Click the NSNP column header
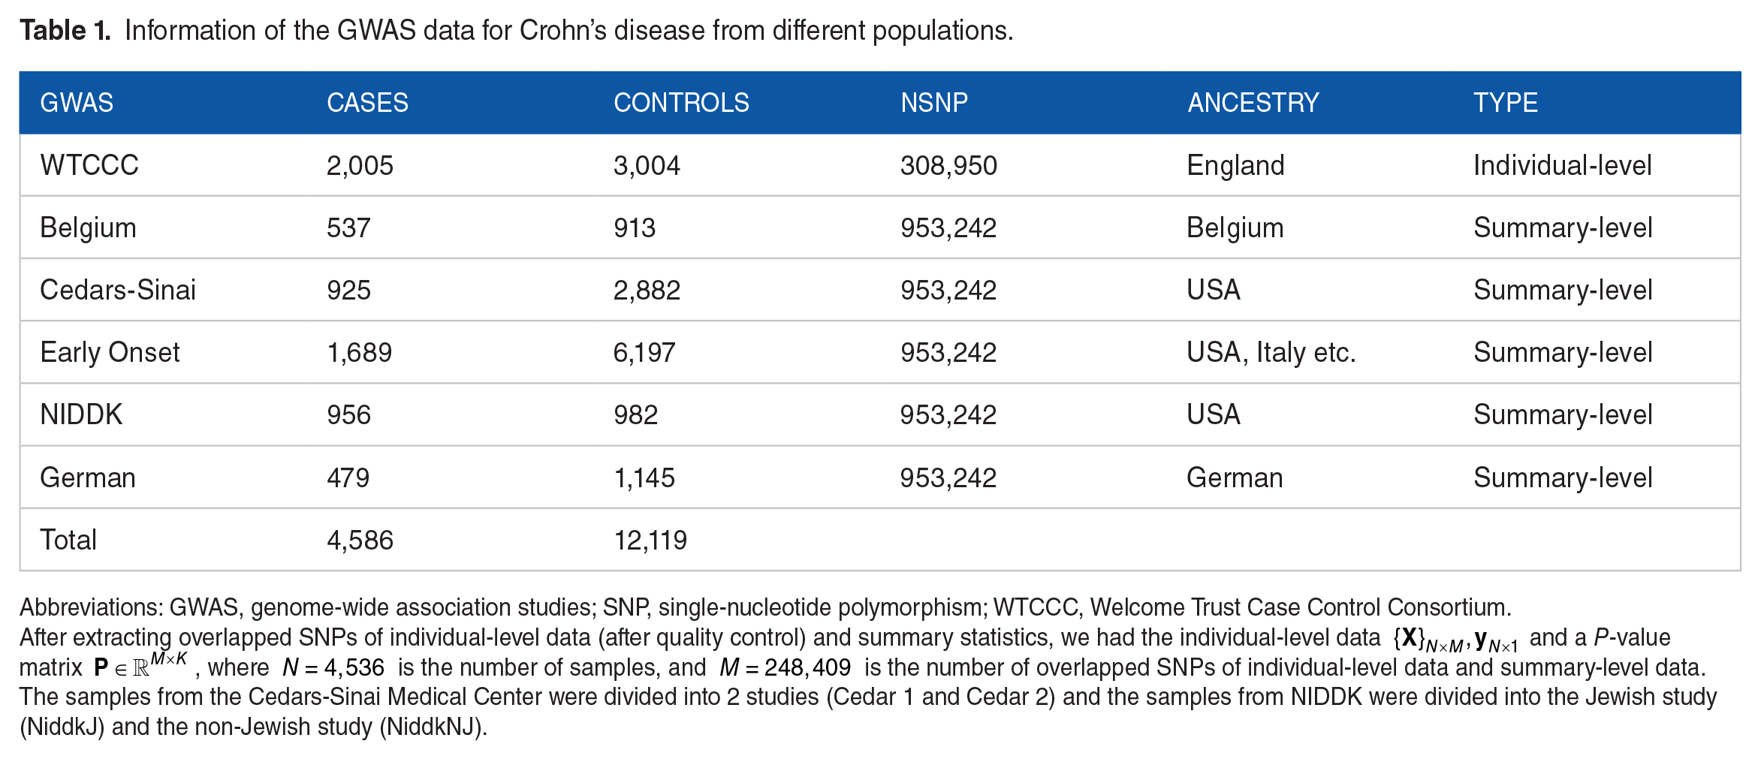[933, 102]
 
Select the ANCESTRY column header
[1253, 102]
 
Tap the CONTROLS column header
[681, 102]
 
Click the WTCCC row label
[89, 165]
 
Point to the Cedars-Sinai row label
[118, 290]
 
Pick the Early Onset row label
[110, 352]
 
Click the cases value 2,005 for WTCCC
[360, 165]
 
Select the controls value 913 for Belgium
[635, 227]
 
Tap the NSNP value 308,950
[948, 165]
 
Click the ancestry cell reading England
[1235, 165]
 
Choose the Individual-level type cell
[1562, 165]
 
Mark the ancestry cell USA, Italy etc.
[1271, 352]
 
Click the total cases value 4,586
[360, 540]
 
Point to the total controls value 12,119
[650, 540]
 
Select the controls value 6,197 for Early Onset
[644, 352]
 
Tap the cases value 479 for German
[348, 477]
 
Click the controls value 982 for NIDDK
[635, 414]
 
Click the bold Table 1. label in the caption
[65, 30]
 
